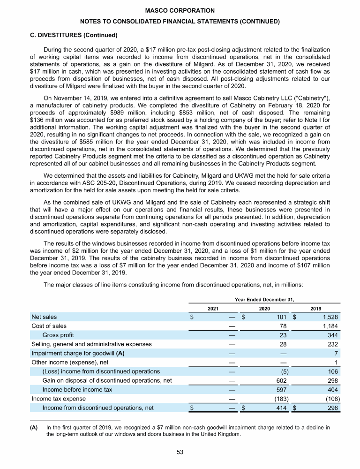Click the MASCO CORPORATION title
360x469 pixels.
180,10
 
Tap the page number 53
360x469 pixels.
180,452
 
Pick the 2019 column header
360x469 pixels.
316,308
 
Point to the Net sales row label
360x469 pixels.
44,317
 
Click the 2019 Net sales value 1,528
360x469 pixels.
330,317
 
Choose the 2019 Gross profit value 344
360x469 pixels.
332,335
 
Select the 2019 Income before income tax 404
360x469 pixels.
332,390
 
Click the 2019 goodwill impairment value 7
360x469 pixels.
337,353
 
